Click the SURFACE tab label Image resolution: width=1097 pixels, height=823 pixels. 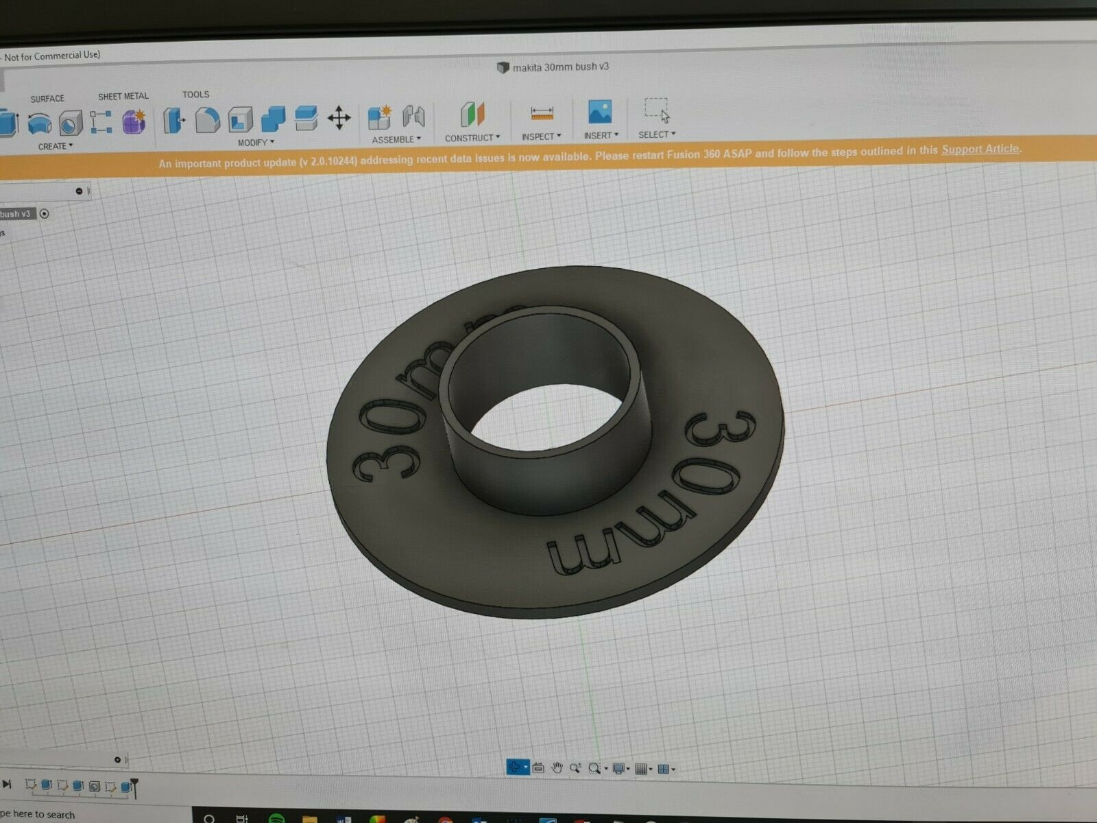coord(47,99)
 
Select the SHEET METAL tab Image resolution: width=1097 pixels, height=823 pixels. coord(123,96)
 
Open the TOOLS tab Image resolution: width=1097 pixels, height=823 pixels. coord(196,95)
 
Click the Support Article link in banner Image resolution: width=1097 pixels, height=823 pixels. coord(980,150)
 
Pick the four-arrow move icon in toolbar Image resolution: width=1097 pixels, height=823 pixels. coord(339,118)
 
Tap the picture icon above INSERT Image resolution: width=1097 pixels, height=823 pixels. coord(600,112)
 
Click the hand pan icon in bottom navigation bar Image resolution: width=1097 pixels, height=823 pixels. coord(557,768)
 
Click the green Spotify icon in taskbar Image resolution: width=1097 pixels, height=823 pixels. coord(276,818)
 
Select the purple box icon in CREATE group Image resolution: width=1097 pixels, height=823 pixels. coord(134,122)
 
